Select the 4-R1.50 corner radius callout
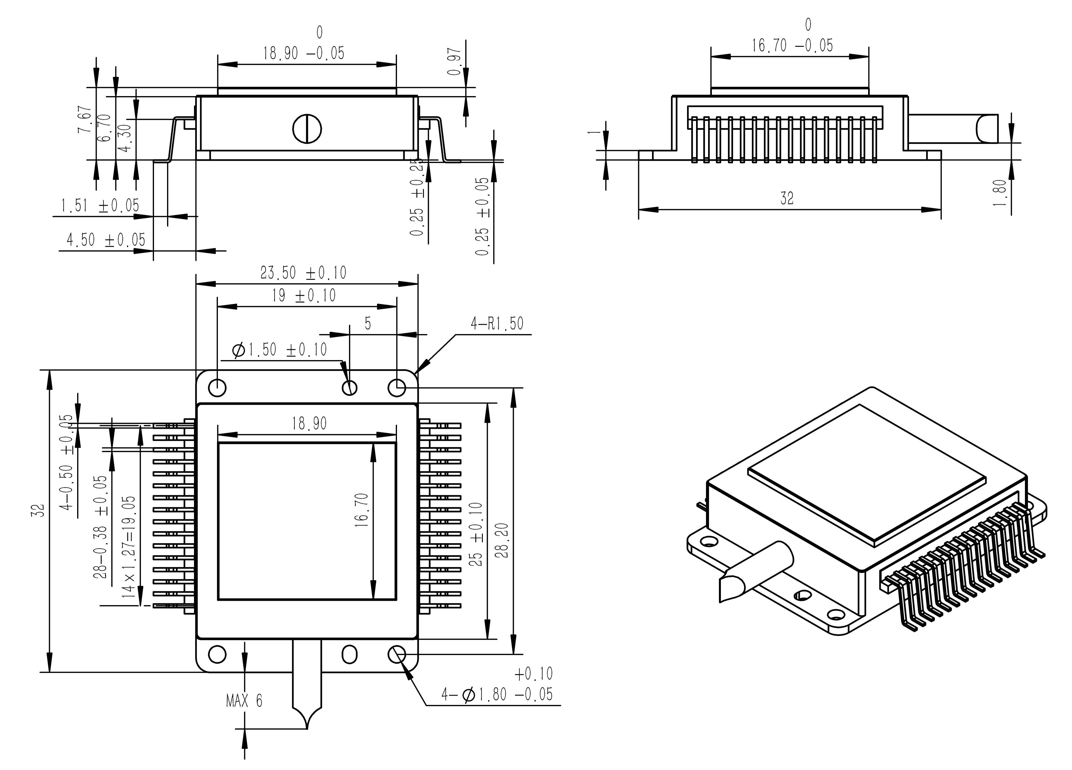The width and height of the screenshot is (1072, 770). coord(497,324)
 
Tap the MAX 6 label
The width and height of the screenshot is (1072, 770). coord(244,701)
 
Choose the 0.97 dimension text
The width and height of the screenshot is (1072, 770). coord(454,61)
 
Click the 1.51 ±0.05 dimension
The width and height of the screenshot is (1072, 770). coord(100,206)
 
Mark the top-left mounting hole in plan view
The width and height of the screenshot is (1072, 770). coord(217,388)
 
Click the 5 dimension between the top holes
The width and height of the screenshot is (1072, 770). coord(368,324)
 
